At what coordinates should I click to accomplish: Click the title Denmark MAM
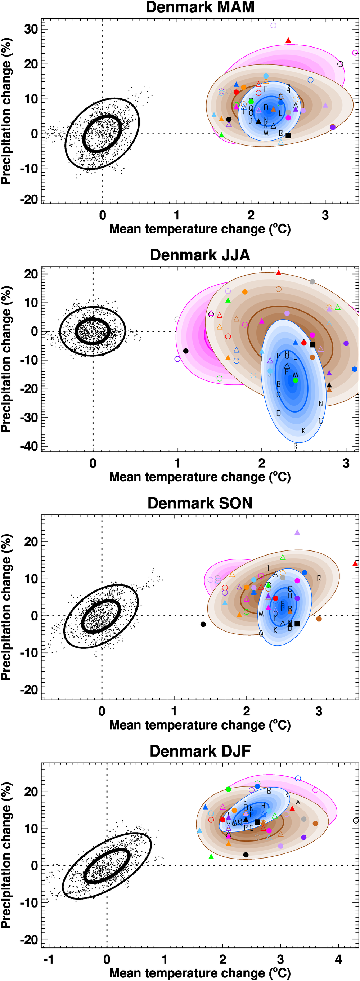[200, 7]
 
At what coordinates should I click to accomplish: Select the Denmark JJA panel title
[200, 255]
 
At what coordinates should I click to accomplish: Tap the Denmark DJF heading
[200, 751]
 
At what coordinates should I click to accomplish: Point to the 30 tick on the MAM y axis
[31, 29]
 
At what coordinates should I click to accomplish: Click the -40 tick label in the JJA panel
[29, 446]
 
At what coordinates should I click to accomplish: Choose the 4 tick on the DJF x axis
[338, 959]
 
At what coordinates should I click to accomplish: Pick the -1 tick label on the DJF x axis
[48, 959]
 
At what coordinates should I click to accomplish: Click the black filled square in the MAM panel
[288, 135]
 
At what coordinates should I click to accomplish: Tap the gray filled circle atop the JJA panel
[312, 282]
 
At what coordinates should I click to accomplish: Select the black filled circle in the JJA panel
[186, 351]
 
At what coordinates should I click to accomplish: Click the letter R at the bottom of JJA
[295, 446]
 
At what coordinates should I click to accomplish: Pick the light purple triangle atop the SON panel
[297, 532]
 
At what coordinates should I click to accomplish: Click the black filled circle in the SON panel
[203, 624]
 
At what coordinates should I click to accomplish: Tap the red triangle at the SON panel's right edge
[355, 563]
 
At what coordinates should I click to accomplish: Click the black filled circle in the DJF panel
[246, 855]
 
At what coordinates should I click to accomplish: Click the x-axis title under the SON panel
[200, 725]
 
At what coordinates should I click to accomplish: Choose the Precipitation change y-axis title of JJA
[6, 359]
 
